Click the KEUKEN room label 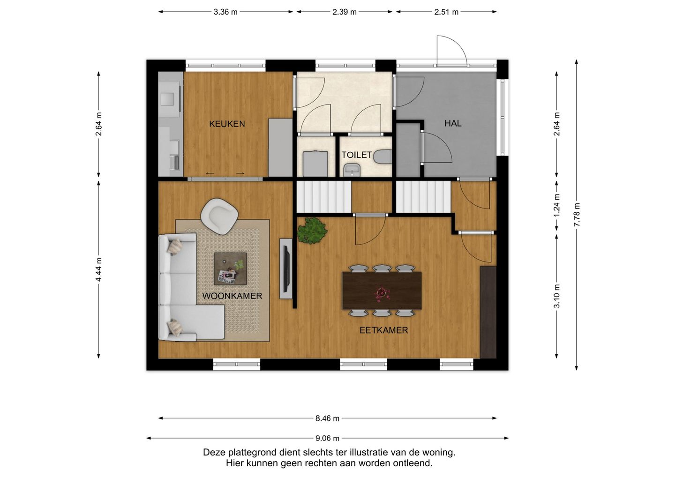point(227,124)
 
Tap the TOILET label point(357,155)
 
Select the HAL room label point(453,123)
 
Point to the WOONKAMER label point(232,296)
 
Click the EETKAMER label point(383,330)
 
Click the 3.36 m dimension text point(225,12)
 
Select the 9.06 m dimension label point(327,438)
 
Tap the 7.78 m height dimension point(577,215)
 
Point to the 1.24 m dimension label point(556,205)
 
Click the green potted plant point(312,231)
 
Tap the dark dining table point(382,291)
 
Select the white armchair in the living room point(220,216)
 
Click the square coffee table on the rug point(230,268)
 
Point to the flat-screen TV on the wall point(286,268)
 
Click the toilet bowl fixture point(382,157)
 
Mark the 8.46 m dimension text point(327,418)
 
